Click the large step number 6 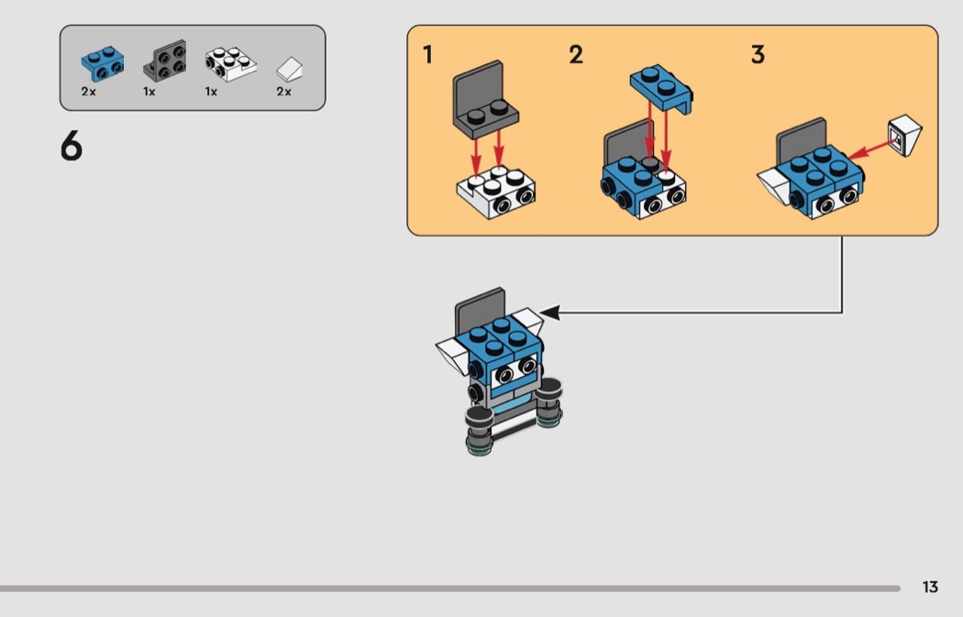tap(72, 146)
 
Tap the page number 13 tap(930, 587)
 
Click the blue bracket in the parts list tap(103, 63)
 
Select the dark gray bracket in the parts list tap(165, 61)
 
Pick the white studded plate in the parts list tap(230, 64)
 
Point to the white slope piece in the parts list tap(289, 69)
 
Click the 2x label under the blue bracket tap(88, 92)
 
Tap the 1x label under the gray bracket tap(149, 92)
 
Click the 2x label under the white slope tap(283, 92)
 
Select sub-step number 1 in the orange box tap(428, 55)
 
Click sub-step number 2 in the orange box tap(575, 55)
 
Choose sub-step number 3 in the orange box tap(758, 55)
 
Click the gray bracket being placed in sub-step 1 tap(485, 101)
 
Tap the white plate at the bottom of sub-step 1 tap(495, 192)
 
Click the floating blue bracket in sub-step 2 tap(661, 88)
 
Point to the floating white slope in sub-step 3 tap(904, 136)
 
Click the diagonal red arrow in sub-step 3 tap(871, 149)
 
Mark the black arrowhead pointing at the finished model tap(549, 312)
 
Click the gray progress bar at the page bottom tap(450, 589)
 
